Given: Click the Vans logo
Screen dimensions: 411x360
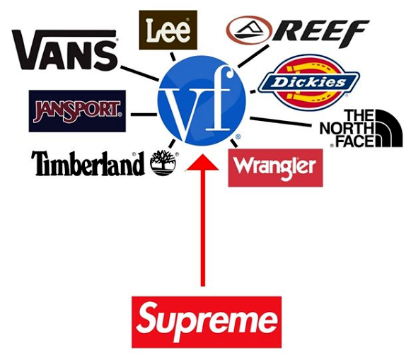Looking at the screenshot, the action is point(65,50).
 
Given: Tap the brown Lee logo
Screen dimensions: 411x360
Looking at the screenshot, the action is point(168,30).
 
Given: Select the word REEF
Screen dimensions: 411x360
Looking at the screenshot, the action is point(320,33).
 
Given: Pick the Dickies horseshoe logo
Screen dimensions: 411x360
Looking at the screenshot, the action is point(308,82).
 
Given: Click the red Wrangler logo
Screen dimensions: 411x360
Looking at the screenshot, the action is point(275,168).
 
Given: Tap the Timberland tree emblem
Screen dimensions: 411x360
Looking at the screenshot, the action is point(163,163).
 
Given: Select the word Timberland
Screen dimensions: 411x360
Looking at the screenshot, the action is point(88,163).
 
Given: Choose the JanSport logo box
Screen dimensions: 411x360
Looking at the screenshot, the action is point(77,111).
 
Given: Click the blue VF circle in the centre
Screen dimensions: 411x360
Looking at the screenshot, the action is point(202,101).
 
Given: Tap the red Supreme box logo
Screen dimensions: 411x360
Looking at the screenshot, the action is point(207,322).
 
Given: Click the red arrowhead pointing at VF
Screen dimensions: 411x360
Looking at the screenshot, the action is point(202,163).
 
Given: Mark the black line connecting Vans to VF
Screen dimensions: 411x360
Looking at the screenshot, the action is point(139,73).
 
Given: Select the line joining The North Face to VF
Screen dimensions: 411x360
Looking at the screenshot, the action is point(281,122).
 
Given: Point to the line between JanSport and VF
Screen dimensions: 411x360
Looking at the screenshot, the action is point(144,115).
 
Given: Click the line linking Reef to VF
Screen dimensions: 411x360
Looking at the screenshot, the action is point(253,56).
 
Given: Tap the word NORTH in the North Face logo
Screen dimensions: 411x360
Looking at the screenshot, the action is point(347,129).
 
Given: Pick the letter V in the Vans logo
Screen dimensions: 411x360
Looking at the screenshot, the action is point(28,50).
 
